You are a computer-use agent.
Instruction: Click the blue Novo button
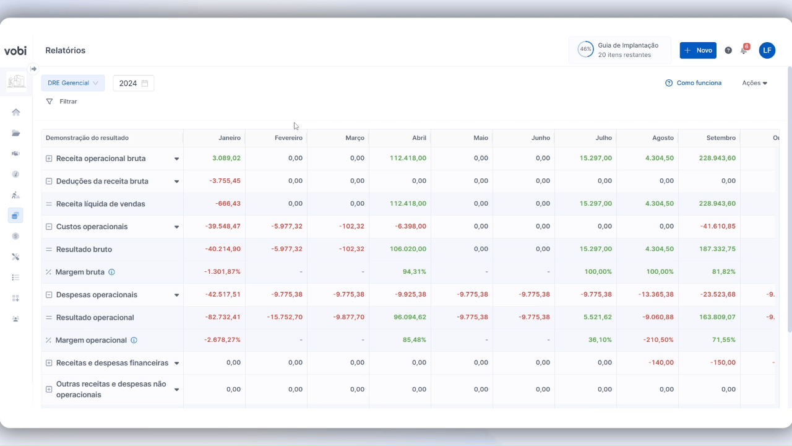tap(698, 50)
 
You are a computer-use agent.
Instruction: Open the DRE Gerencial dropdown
tap(73, 83)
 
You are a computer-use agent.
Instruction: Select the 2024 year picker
tap(134, 83)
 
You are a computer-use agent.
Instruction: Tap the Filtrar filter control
tap(62, 102)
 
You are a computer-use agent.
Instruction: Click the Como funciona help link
tap(694, 83)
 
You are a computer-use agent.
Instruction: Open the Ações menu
tap(754, 83)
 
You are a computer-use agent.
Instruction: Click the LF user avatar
tap(767, 50)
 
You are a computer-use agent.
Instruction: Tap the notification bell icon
tap(744, 50)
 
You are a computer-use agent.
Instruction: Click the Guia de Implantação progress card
tap(619, 50)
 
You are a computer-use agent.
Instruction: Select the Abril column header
tap(419, 138)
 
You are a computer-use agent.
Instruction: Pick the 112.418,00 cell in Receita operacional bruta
tap(408, 159)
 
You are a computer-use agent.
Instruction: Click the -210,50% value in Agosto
tap(657, 340)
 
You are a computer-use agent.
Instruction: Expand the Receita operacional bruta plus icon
tap(49, 159)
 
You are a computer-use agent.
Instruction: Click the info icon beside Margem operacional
tap(134, 340)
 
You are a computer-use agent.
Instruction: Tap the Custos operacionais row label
tap(92, 227)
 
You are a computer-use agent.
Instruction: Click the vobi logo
tap(15, 51)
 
